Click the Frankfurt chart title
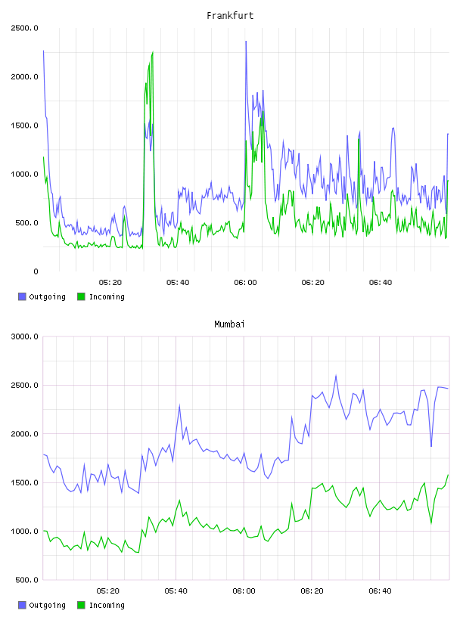pyautogui.click(x=230, y=16)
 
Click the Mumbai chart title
pyautogui.click(x=229, y=324)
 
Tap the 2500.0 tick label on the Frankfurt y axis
pyautogui.click(x=24, y=28)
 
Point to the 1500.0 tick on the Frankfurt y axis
pyautogui.click(x=24, y=126)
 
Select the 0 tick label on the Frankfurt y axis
pyautogui.click(x=36, y=271)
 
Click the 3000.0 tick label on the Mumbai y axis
pyautogui.click(x=24, y=336)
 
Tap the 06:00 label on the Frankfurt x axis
pyautogui.click(x=245, y=283)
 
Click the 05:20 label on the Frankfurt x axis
pyautogui.click(x=110, y=283)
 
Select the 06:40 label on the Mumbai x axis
pyautogui.click(x=380, y=591)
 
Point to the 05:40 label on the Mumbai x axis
pyautogui.click(x=176, y=591)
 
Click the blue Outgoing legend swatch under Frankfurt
pyautogui.click(x=22, y=296)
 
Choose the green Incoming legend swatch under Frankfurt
pyautogui.click(x=81, y=296)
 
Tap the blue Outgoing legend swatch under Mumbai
pyautogui.click(x=22, y=605)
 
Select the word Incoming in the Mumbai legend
pyautogui.click(x=107, y=605)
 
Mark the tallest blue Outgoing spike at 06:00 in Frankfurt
pyautogui.click(x=246, y=42)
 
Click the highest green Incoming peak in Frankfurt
pyautogui.click(x=153, y=52)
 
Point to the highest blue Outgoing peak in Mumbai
pyautogui.click(x=336, y=375)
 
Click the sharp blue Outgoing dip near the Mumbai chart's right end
pyautogui.click(x=431, y=446)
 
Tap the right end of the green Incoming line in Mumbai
pyautogui.click(x=448, y=475)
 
